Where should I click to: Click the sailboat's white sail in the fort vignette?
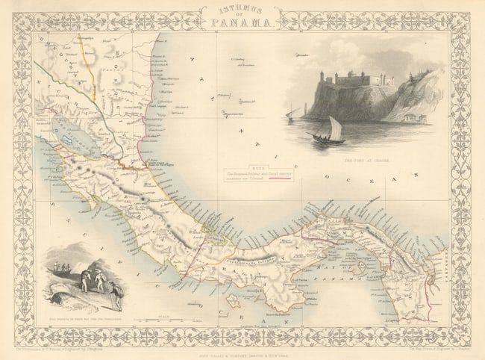pos(335,129)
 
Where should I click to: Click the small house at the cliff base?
pos(412,117)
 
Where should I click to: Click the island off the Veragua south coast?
pos(233,300)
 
